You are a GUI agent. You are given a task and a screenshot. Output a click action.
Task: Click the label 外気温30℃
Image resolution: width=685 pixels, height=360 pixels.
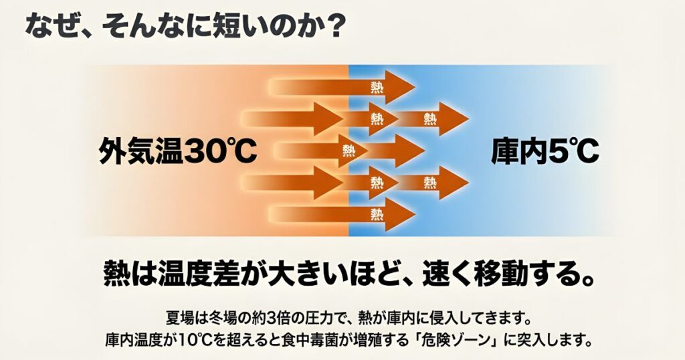tap(178, 152)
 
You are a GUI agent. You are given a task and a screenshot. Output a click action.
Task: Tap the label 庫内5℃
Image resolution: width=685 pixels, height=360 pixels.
tap(545, 152)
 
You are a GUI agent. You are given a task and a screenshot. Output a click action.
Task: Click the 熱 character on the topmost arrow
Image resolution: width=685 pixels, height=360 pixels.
tap(377, 87)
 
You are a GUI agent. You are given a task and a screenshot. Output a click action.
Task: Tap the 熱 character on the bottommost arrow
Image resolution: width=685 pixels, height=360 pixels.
tap(377, 214)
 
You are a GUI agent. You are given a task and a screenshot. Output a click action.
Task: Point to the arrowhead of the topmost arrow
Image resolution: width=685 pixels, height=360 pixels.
tap(403, 87)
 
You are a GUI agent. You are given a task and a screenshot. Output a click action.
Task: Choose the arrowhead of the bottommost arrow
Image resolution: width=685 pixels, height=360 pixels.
tap(403, 214)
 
